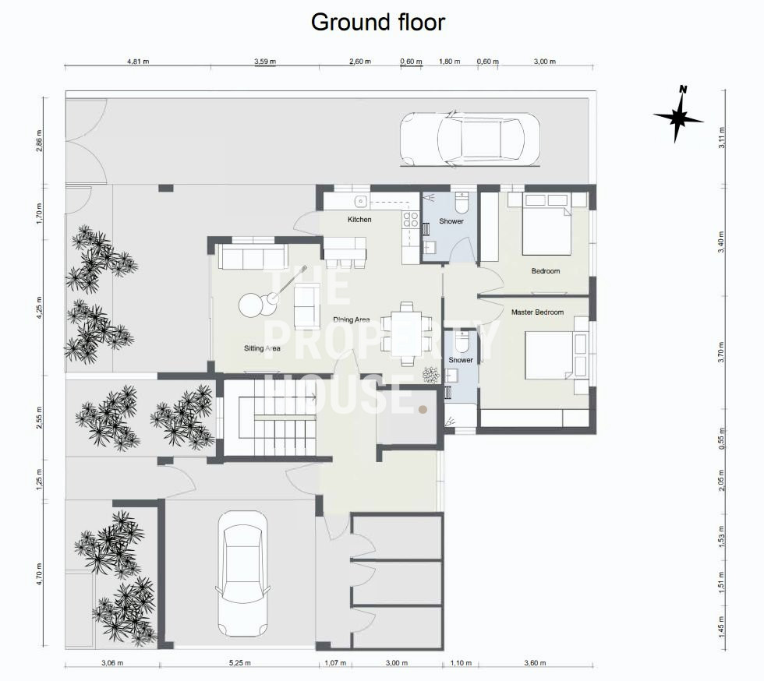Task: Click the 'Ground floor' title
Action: pyautogui.click(x=377, y=23)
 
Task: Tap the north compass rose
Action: pyautogui.click(x=678, y=115)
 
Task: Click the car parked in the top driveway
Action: pyautogui.click(x=470, y=139)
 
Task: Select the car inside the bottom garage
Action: pyautogui.click(x=242, y=573)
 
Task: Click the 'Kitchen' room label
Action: pyautogui.click(x=359, y=220)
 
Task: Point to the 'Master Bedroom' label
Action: pyautogui.click(x=537, y=312)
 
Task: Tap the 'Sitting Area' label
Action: pyautogui.click(x=262, y=348)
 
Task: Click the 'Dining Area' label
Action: pyautogui.click(x=352, y=320)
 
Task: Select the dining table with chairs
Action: pyautogui.click(x=406, y=333)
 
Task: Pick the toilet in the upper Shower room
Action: pyautogui.click(x=461, y=201)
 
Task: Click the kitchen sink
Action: pyautogui.click(x=360, y=201)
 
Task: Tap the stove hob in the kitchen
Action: pyautogui.click(x=411, y=219)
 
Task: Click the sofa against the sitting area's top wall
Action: pyautogui.click(x=251, y=256)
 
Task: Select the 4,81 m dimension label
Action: pyautogui.click(x=138, y=62)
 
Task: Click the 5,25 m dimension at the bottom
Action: pyautogui.click(x=240, y=663)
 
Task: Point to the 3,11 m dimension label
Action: pyautogui.click(x=722, y=137)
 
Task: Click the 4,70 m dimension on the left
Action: pyautogui.click(x=39, y=573)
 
